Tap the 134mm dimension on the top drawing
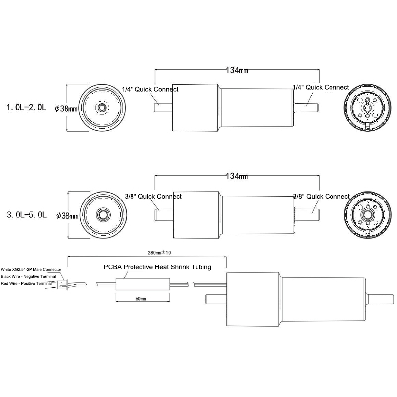coord(237,70)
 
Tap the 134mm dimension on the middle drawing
coord(237,176)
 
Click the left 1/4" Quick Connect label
coord(150,89)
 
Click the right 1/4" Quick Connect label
coord(321,87)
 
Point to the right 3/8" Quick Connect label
coord(321,196)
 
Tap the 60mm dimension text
coord(141,299)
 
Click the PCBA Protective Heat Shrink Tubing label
coord(157,267)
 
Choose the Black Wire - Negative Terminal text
coord(29,276)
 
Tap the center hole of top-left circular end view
coord(102,108)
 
